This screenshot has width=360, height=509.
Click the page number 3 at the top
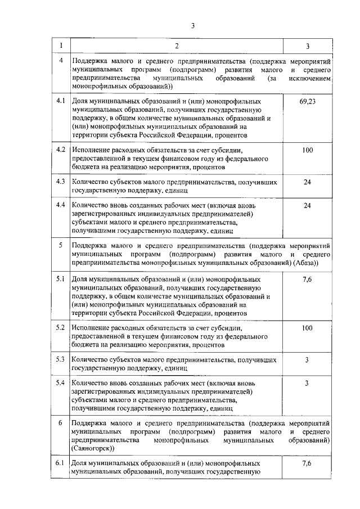pyautogui.click(x=193, y=25)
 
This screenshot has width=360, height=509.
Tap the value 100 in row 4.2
pyautogui.click(x=307, y=150)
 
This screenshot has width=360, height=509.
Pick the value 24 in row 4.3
pyautogui.click(x=307, y=182)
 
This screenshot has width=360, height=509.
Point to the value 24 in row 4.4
pyautogui.click(x=307, y=206)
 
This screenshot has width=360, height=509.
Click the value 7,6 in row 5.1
pyautogui.click(x=307, y=279)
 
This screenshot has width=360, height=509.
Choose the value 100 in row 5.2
pyautogui.click(x=307, y=328)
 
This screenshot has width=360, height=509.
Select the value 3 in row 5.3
pyautogui.click(x=307, y=359)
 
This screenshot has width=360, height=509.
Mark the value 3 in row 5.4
pyautogui.click(x=307, y=384)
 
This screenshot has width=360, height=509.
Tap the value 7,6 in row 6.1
pyautogui.click(x=307, y=463)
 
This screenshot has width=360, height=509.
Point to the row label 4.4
pyautogui.click(x=60, y=206)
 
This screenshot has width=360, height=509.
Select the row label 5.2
pyautogui.click(x=60, y=328)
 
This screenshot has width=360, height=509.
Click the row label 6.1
pyautogui.click(x=60, y=463)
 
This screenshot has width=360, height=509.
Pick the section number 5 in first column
pyautogui.click(x=60, y=246)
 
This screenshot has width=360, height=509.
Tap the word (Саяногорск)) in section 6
pyautogui.click(x=93, y=448)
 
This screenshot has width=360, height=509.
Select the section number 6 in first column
pyautogui.click(x=60, y=422)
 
